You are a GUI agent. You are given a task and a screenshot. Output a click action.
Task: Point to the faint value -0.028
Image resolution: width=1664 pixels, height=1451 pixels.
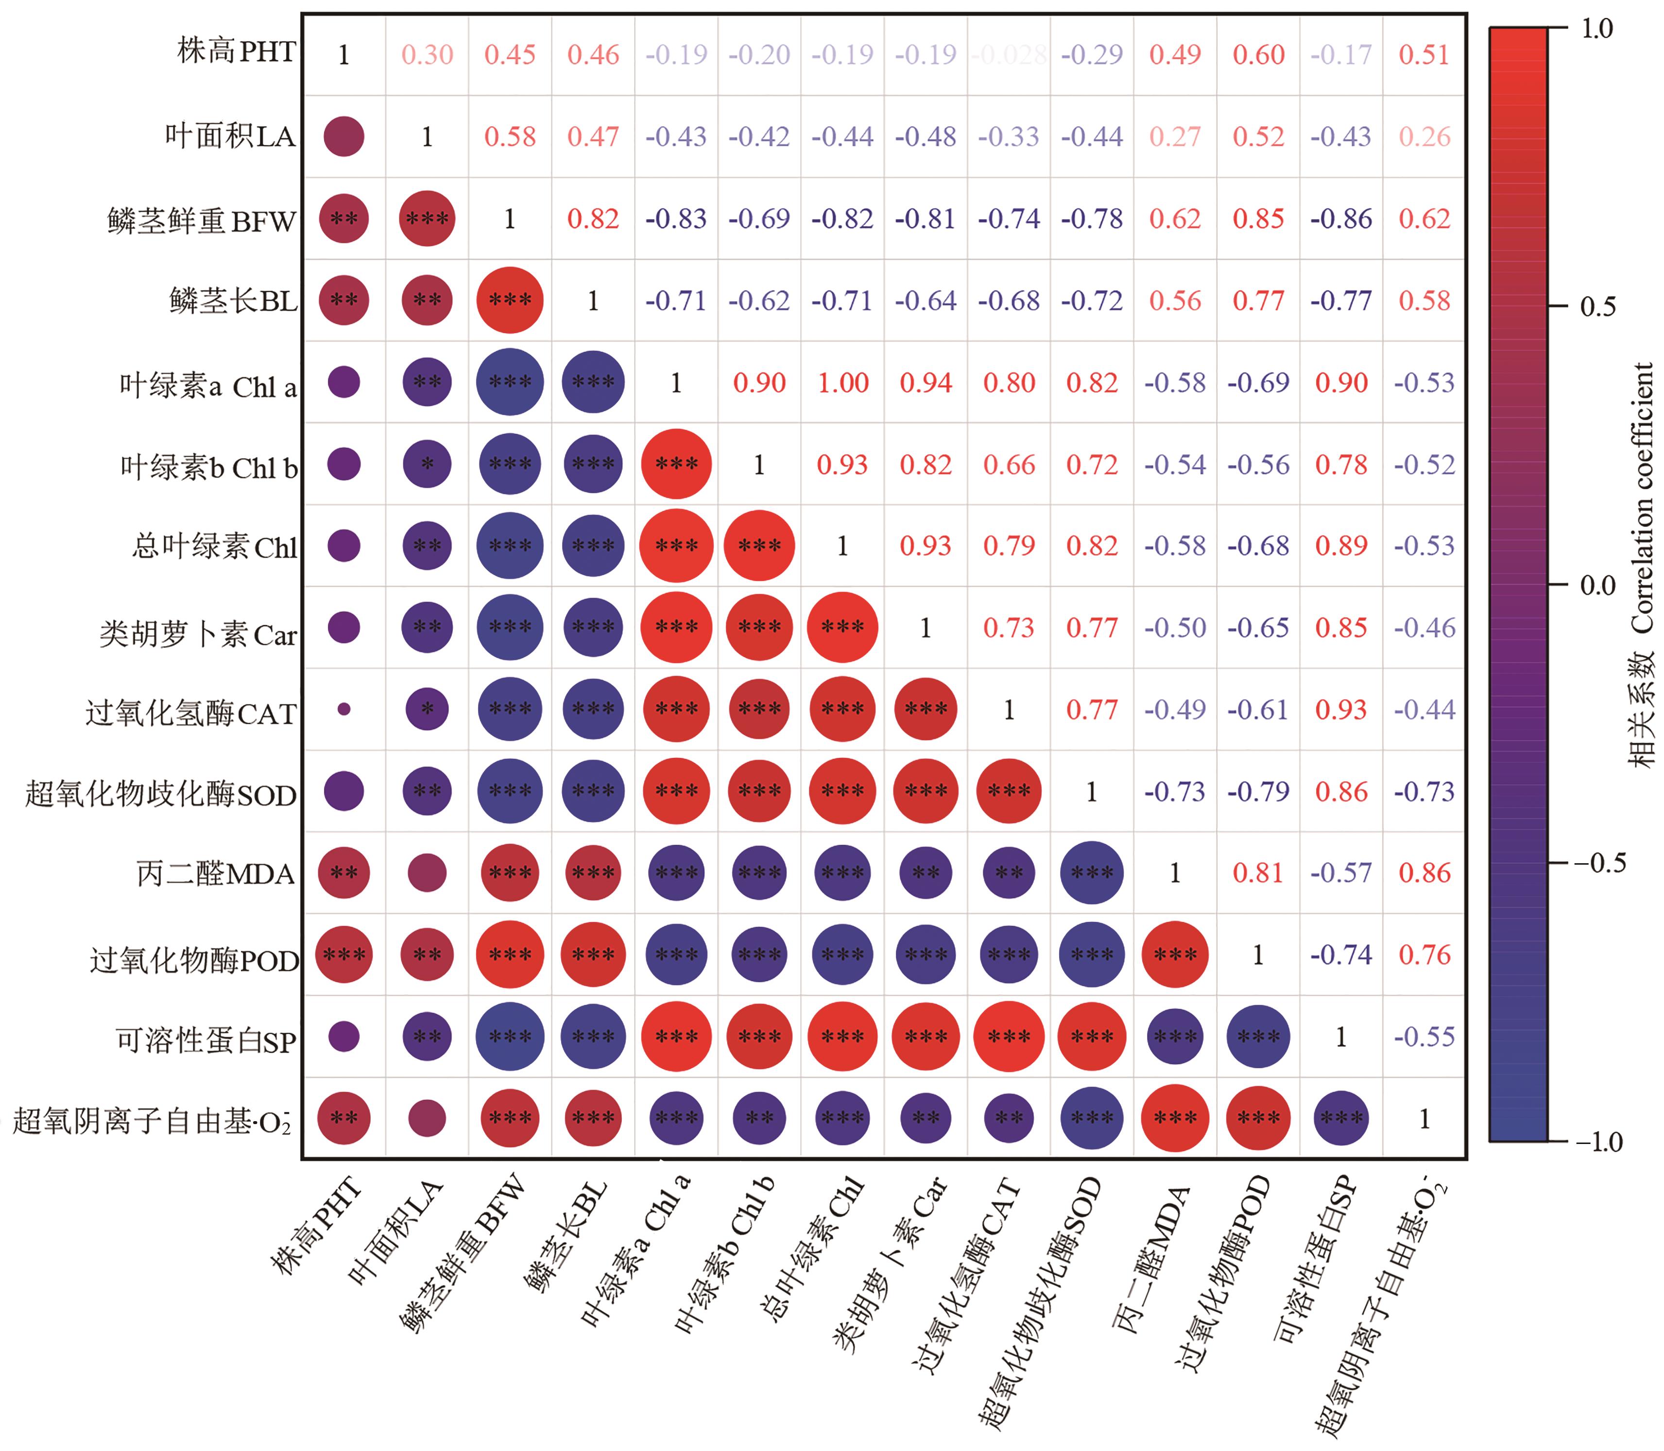(x=1009, y=55)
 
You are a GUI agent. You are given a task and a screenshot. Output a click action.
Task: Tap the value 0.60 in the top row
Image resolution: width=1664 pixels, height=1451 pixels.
(x=1258, y=55)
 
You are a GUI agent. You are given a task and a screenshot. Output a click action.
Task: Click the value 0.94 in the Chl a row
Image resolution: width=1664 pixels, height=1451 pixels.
(x=926, y=382)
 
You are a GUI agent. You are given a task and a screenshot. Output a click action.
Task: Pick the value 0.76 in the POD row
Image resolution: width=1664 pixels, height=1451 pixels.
(x=1424, y=954)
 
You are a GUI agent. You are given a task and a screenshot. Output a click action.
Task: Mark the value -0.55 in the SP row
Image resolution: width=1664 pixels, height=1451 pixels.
(x=1424, y=1037)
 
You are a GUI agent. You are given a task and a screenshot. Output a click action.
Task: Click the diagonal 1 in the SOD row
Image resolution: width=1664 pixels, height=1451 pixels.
(x=1092, y=791)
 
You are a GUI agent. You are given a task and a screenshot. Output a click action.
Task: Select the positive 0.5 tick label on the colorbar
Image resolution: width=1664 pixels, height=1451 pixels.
(x=1597, y=307)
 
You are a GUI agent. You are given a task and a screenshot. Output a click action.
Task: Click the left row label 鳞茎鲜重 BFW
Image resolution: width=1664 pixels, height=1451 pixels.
(x=202, y=220)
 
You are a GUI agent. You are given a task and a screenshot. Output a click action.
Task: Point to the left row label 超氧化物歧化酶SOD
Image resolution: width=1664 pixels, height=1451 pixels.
(x=160, y=794)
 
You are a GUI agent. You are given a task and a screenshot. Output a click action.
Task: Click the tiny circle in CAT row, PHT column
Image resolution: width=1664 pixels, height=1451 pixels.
(x=344, y=709)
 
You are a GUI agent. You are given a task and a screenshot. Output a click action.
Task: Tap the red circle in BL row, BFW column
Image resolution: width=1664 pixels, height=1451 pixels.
(x=510, y=300)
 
